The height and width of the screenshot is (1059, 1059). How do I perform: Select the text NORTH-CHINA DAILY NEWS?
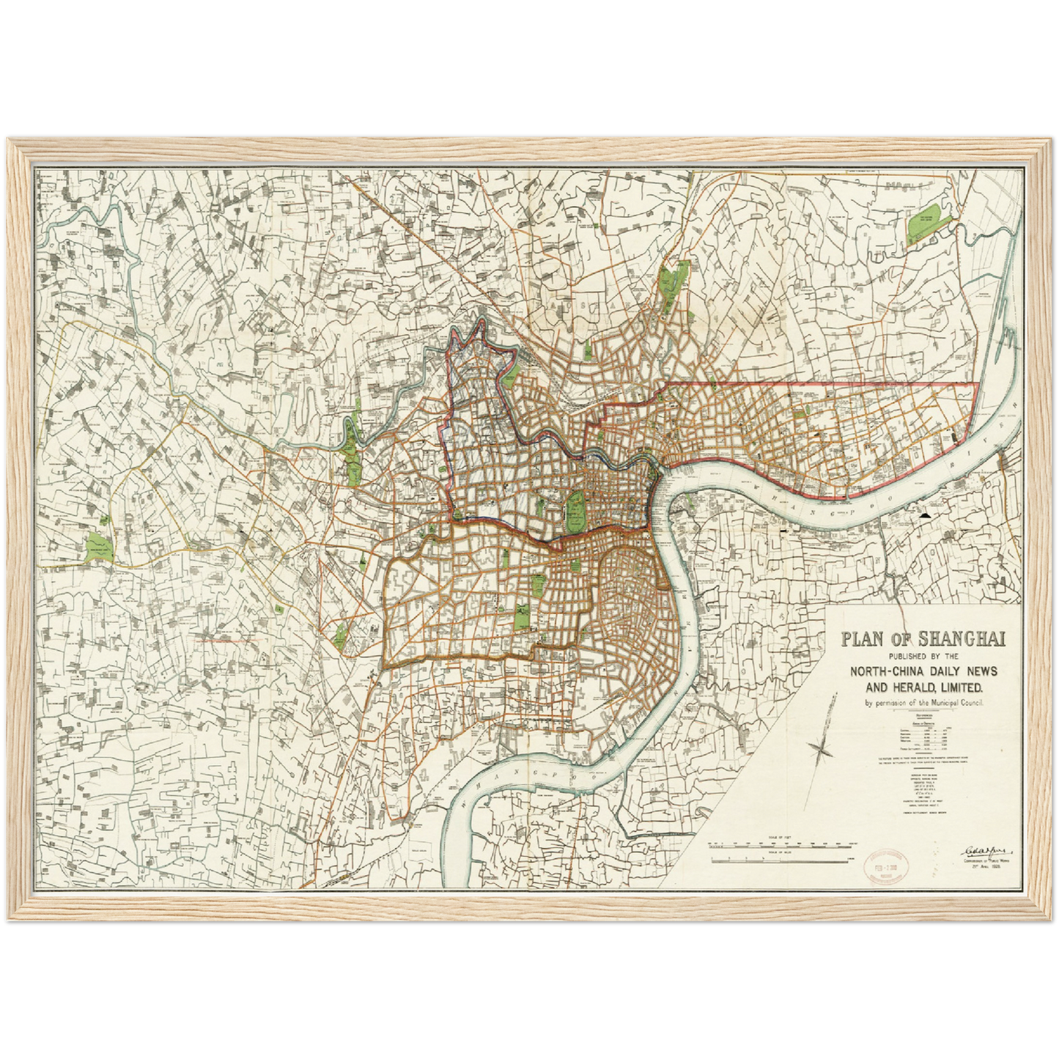tap(923, 672)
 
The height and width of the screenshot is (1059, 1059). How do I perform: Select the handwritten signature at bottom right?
tap(984, 850)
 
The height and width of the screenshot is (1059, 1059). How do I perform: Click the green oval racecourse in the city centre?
tap(575, 512)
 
